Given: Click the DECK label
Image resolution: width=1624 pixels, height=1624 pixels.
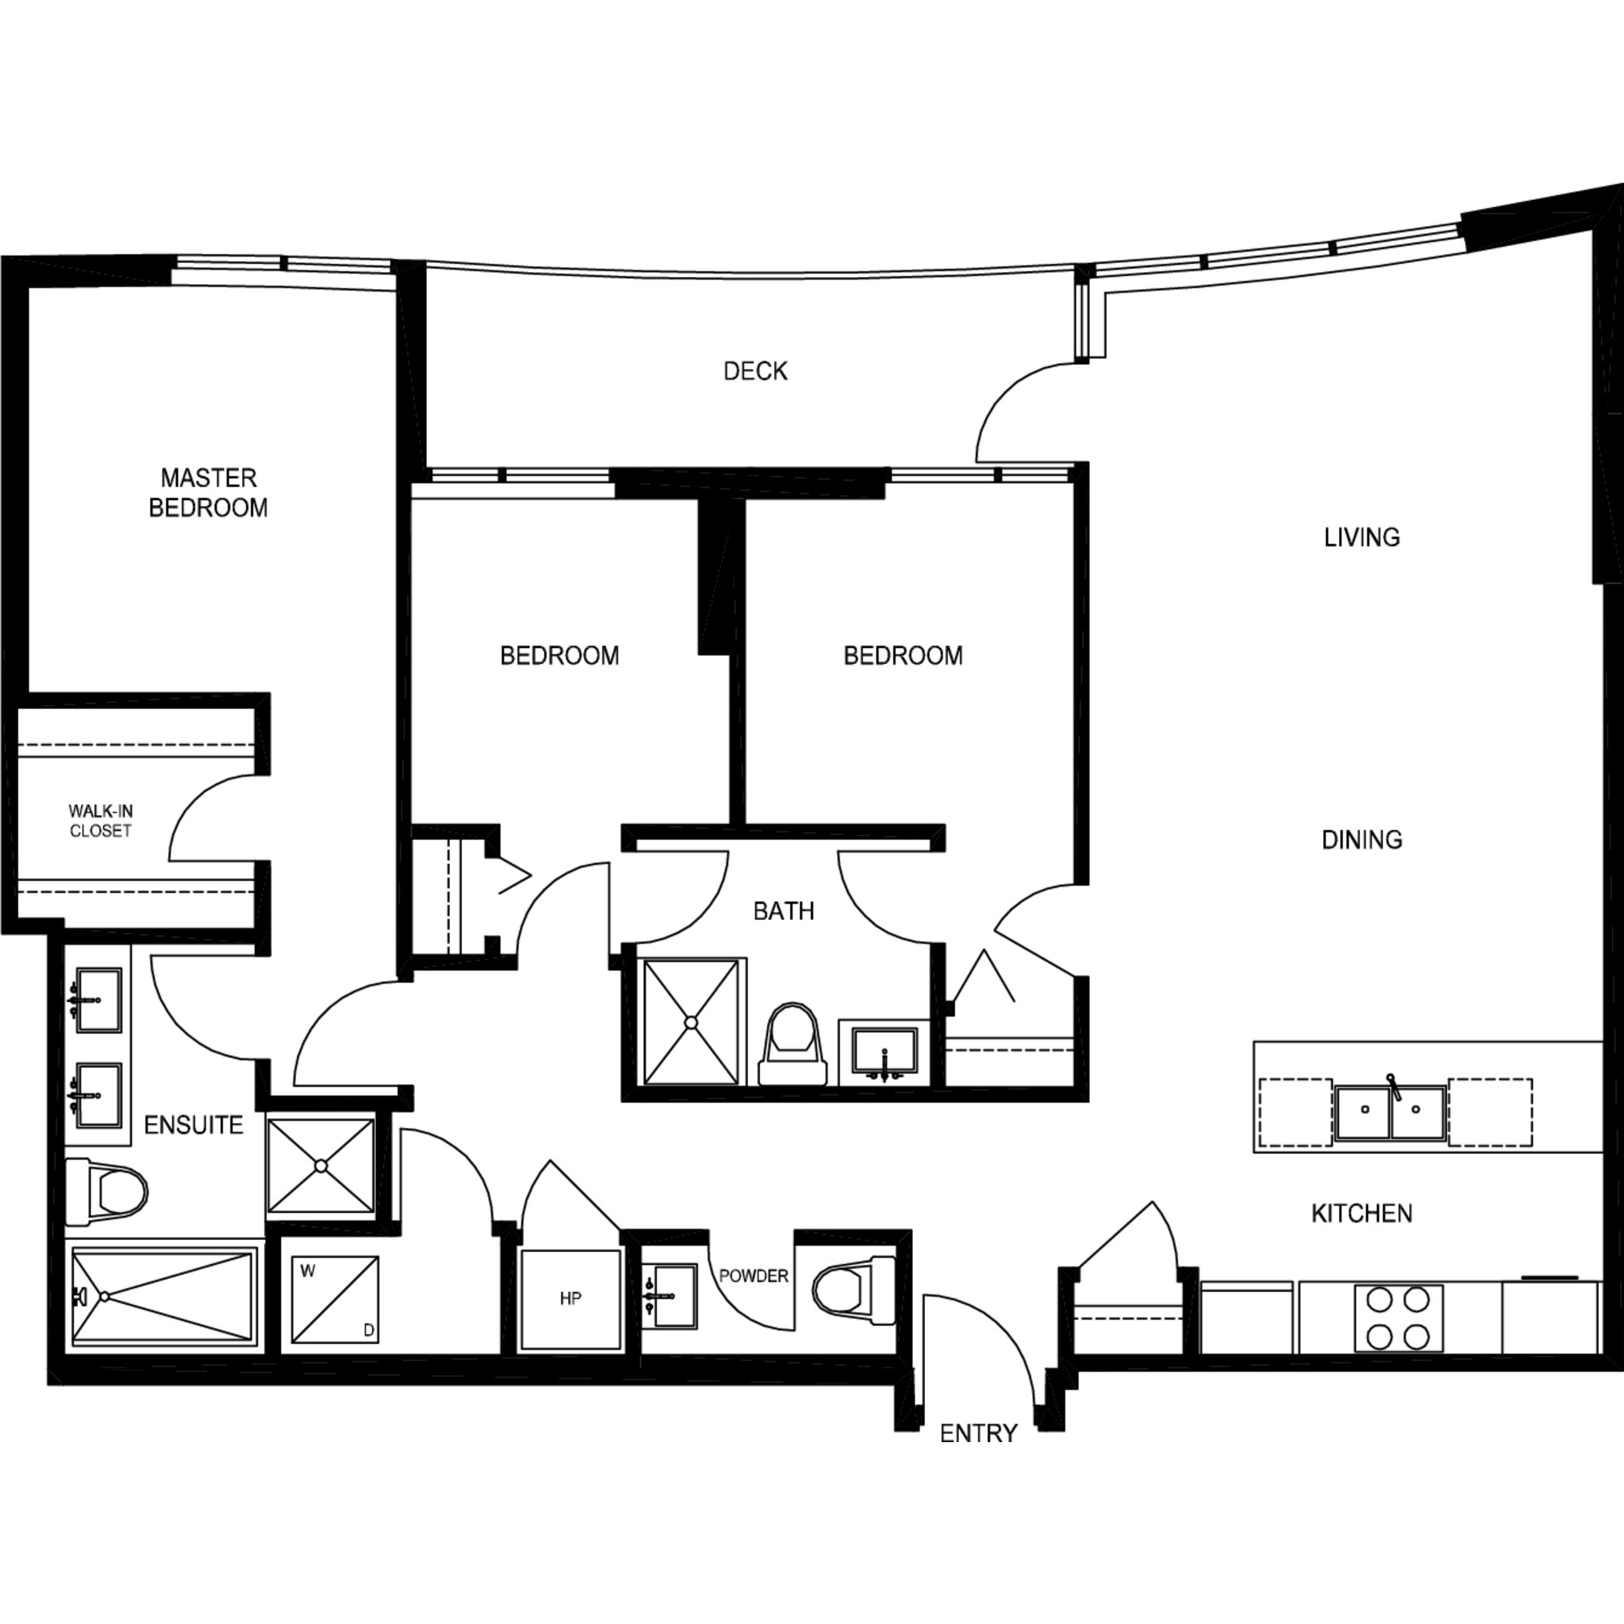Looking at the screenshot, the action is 755,371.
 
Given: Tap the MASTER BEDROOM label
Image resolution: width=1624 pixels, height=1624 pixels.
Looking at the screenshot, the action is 208,493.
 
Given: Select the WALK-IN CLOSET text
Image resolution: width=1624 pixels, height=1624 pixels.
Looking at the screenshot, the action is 101,820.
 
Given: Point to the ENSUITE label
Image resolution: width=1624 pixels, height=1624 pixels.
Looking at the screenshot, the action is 193,1125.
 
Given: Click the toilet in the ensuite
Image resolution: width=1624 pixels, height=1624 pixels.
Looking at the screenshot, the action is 106,1190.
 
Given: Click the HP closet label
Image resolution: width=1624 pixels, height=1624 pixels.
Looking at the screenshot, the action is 570,1298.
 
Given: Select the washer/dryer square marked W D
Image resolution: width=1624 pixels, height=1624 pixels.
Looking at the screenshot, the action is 335,1298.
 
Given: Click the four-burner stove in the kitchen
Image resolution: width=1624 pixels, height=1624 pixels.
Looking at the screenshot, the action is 1399,1318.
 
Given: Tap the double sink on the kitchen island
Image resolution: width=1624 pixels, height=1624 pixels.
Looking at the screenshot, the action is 1391,1112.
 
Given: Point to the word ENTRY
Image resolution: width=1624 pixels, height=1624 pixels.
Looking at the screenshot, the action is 978,1433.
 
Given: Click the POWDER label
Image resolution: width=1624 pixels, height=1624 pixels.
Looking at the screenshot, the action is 754,1276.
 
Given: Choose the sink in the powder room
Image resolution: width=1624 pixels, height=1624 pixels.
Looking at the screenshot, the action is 669,1296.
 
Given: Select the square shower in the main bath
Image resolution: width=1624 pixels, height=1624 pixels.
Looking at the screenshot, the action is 691,1022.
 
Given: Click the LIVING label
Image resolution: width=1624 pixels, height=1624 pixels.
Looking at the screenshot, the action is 1362,537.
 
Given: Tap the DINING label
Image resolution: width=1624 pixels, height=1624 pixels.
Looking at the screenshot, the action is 1362,840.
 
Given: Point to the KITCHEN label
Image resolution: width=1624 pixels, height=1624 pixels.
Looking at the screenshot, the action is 1362,1213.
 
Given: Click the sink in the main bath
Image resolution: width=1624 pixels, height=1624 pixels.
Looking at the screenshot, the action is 884,1052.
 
